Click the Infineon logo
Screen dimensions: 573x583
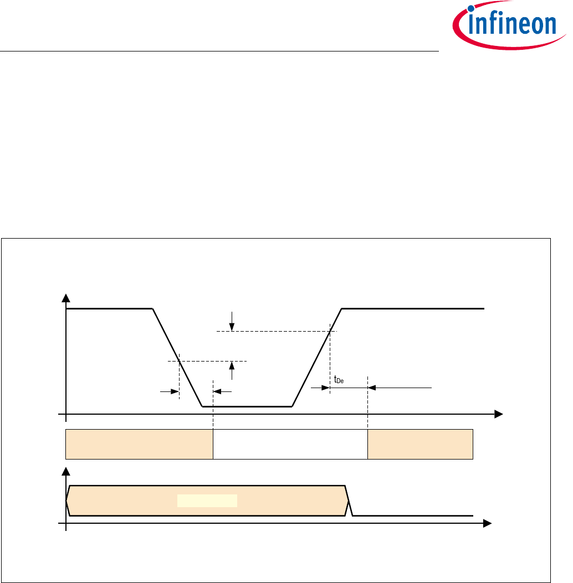509,25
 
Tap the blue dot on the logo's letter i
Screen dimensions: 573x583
472,8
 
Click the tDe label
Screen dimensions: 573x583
339,380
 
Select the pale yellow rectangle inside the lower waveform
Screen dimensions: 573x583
207,501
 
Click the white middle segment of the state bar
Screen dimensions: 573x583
290,445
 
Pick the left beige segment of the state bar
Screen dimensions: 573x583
139,445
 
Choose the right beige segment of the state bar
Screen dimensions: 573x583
420,445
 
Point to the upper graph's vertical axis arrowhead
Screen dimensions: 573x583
66,298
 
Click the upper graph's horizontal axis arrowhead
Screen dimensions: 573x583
499,414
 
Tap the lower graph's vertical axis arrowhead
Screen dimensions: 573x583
66,472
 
